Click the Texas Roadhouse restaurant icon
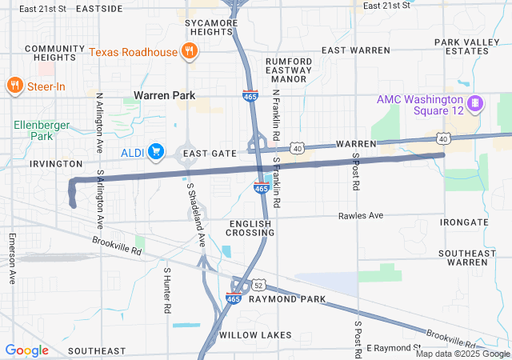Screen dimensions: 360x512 click(x=189, y=52)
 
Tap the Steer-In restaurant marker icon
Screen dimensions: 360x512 click(x=14, y=85)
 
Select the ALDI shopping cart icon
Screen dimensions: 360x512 click(x=155, y=151)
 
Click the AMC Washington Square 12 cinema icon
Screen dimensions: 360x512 click(x=474, y=103)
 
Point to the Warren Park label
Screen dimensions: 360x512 click(x=164, y=95)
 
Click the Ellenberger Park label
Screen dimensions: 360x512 click(x=42, y=130)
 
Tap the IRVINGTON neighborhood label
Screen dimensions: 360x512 click(x=56, y=163)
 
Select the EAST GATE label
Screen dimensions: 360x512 click(x=209, y=153)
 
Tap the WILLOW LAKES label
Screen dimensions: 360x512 click(x=255, y=334)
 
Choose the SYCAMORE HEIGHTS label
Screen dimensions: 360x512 click(x=211, y=29)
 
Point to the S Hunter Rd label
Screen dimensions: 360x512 click(x=167, y=290)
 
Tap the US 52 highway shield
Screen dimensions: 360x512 click(x=258, y=284)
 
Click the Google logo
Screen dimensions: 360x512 click(x=26, y=350)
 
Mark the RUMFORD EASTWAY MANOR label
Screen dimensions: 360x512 click(x=289, y=70)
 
